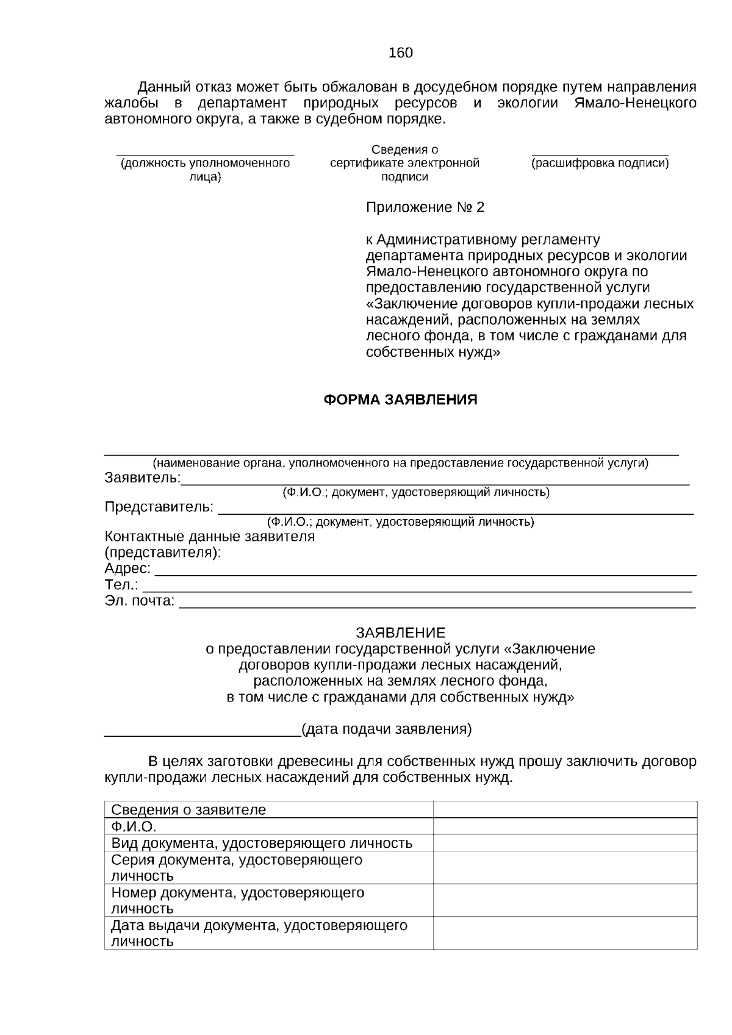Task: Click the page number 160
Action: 400,53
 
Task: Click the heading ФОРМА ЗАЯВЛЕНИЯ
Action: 400,400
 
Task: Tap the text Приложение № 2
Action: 425,208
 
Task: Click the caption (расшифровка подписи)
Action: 600,163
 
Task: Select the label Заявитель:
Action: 142,478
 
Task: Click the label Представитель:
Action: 159,507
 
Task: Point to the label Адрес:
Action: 127,568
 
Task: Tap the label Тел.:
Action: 121,585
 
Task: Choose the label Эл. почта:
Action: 139,601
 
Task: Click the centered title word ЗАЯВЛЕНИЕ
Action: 400,632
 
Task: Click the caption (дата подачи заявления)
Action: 386,729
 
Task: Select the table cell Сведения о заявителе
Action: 188,810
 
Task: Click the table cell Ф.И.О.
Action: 134,827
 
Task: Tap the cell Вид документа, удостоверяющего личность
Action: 262,843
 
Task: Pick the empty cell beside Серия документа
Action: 564,867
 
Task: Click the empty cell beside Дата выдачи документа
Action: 564,933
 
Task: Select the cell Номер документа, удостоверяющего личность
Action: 237,900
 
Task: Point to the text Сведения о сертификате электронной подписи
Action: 404,163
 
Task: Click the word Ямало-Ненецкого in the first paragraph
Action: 635,103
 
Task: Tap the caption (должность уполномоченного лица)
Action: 205,170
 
